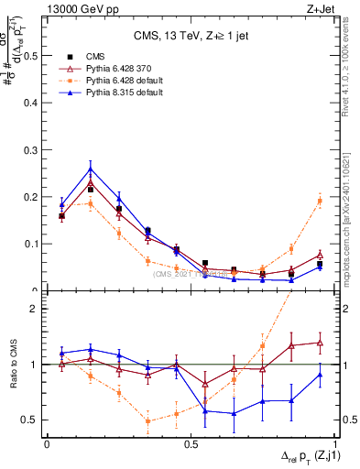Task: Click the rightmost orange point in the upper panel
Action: (x=320, y=201)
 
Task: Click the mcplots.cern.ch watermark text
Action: (x=348, y=229)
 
